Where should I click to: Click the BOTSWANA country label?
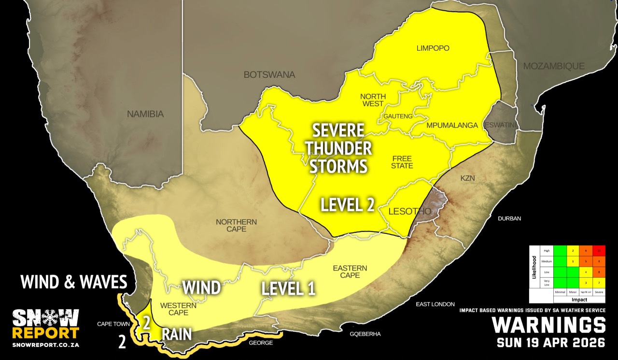coord(269,75)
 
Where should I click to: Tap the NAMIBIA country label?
coord(145,115)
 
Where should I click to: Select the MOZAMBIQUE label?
coord(554,66)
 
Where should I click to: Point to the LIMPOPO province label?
coord(433,48)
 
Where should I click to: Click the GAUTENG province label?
coord(398,116)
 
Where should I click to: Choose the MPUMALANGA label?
coord(452,125)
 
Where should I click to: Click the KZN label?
coord(467,178)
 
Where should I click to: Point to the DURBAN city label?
coord(510,218)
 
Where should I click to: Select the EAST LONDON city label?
coord(435,304)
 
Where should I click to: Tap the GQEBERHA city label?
coord(366,334)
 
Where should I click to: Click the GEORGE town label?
coord(261,343)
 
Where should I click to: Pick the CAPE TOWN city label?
coord(114,324)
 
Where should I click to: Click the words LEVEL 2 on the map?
coord(348,204)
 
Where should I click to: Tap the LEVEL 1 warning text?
coord(288,289)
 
